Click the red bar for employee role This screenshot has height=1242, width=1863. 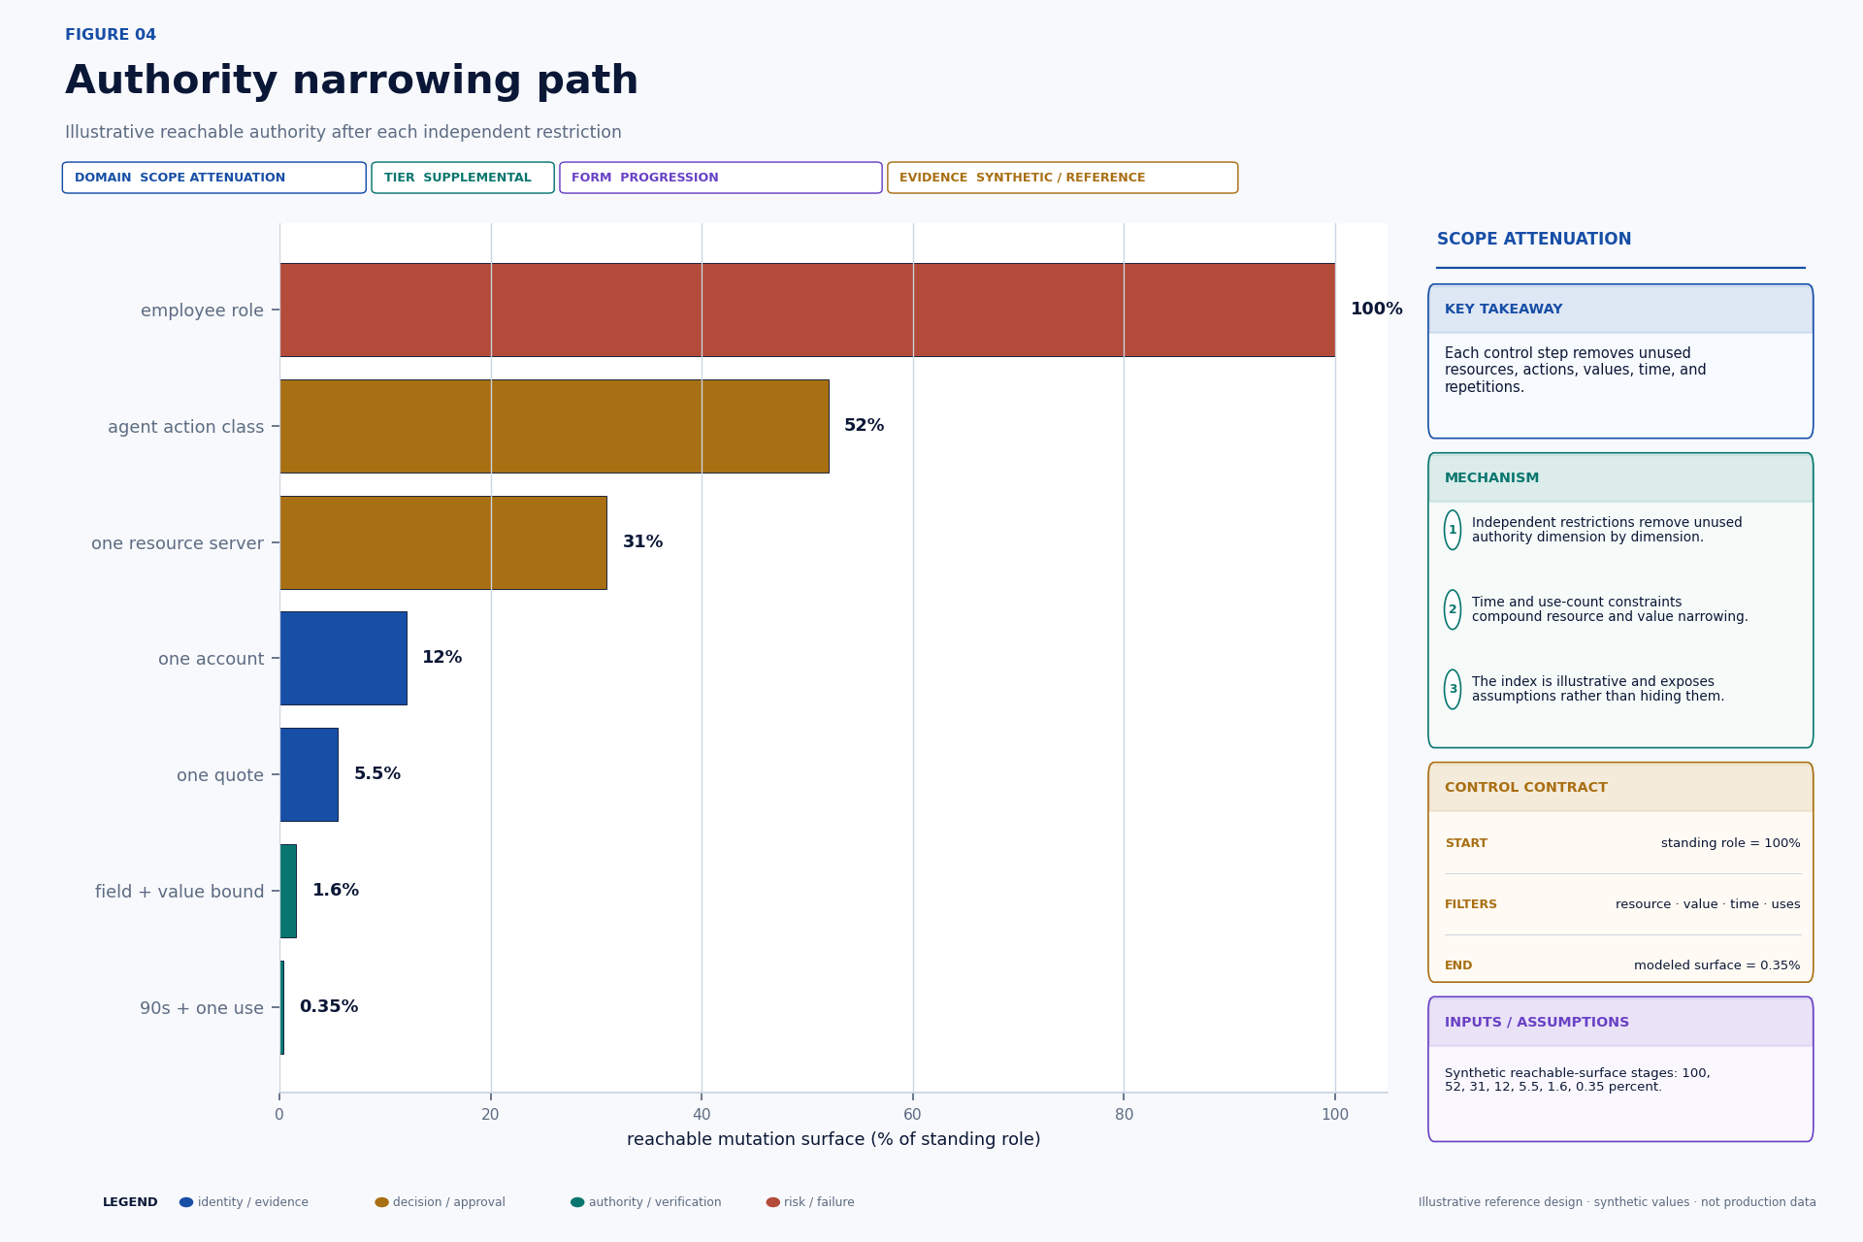(x=807, y=310)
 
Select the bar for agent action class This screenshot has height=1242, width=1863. (x=554, y=426)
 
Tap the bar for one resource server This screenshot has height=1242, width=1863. (x=443, y=542)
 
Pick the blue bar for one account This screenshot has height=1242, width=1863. (x=343, y=658)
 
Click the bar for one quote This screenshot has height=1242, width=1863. (x=309, y=774)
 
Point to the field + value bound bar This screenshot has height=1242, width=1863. (x=288, y=891)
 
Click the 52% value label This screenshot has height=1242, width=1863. (x=864, y=426)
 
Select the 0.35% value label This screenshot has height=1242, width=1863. (x=329, y=1007)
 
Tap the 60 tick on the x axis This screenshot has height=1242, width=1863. (x=913, y=1115)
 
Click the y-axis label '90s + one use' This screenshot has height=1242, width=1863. (x=202, y=1008)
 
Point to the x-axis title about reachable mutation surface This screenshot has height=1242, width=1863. (x=833, y=1140)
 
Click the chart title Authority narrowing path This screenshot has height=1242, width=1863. (x=352, y=82)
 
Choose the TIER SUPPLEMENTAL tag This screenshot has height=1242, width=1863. (x=463, y=178)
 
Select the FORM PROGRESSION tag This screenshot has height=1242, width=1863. (x=721, y=178)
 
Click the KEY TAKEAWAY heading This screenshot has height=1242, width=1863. (x=1503, y=310)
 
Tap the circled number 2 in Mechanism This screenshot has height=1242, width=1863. (x=1453, y=609)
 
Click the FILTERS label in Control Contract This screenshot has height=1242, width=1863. (x=1471, y=904)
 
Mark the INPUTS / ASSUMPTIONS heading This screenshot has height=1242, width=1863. (x=1537, y=1023)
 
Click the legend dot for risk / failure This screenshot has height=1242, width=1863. (x=773, y=1202)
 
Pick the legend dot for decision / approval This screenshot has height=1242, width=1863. (x=382, y=1202)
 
